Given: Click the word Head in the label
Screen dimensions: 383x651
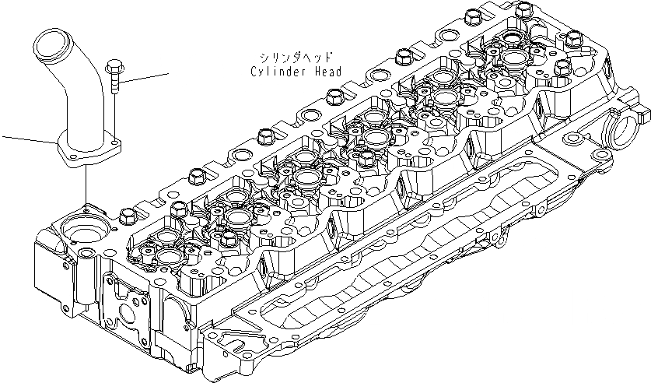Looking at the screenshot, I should pyautogui.click(x=327, y=72).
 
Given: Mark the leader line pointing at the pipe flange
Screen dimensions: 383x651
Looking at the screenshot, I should pyautogui.click(x=27, y=140).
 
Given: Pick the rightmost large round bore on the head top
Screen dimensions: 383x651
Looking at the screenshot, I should pyautogui.click(x=512, y=58).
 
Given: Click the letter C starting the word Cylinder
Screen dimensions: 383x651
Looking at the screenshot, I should pyautogui.click(x=254, y=72).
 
